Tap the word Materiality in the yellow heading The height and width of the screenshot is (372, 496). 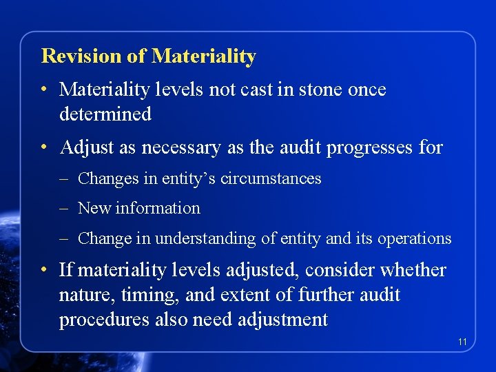click(x=203, y=56)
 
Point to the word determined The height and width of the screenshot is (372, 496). click(x=105, y=114)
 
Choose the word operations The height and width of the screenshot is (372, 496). click(x=411, y=238)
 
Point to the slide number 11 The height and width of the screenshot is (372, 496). click(x=462, y=342)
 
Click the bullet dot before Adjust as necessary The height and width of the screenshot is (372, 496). click(x=43, y=148)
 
